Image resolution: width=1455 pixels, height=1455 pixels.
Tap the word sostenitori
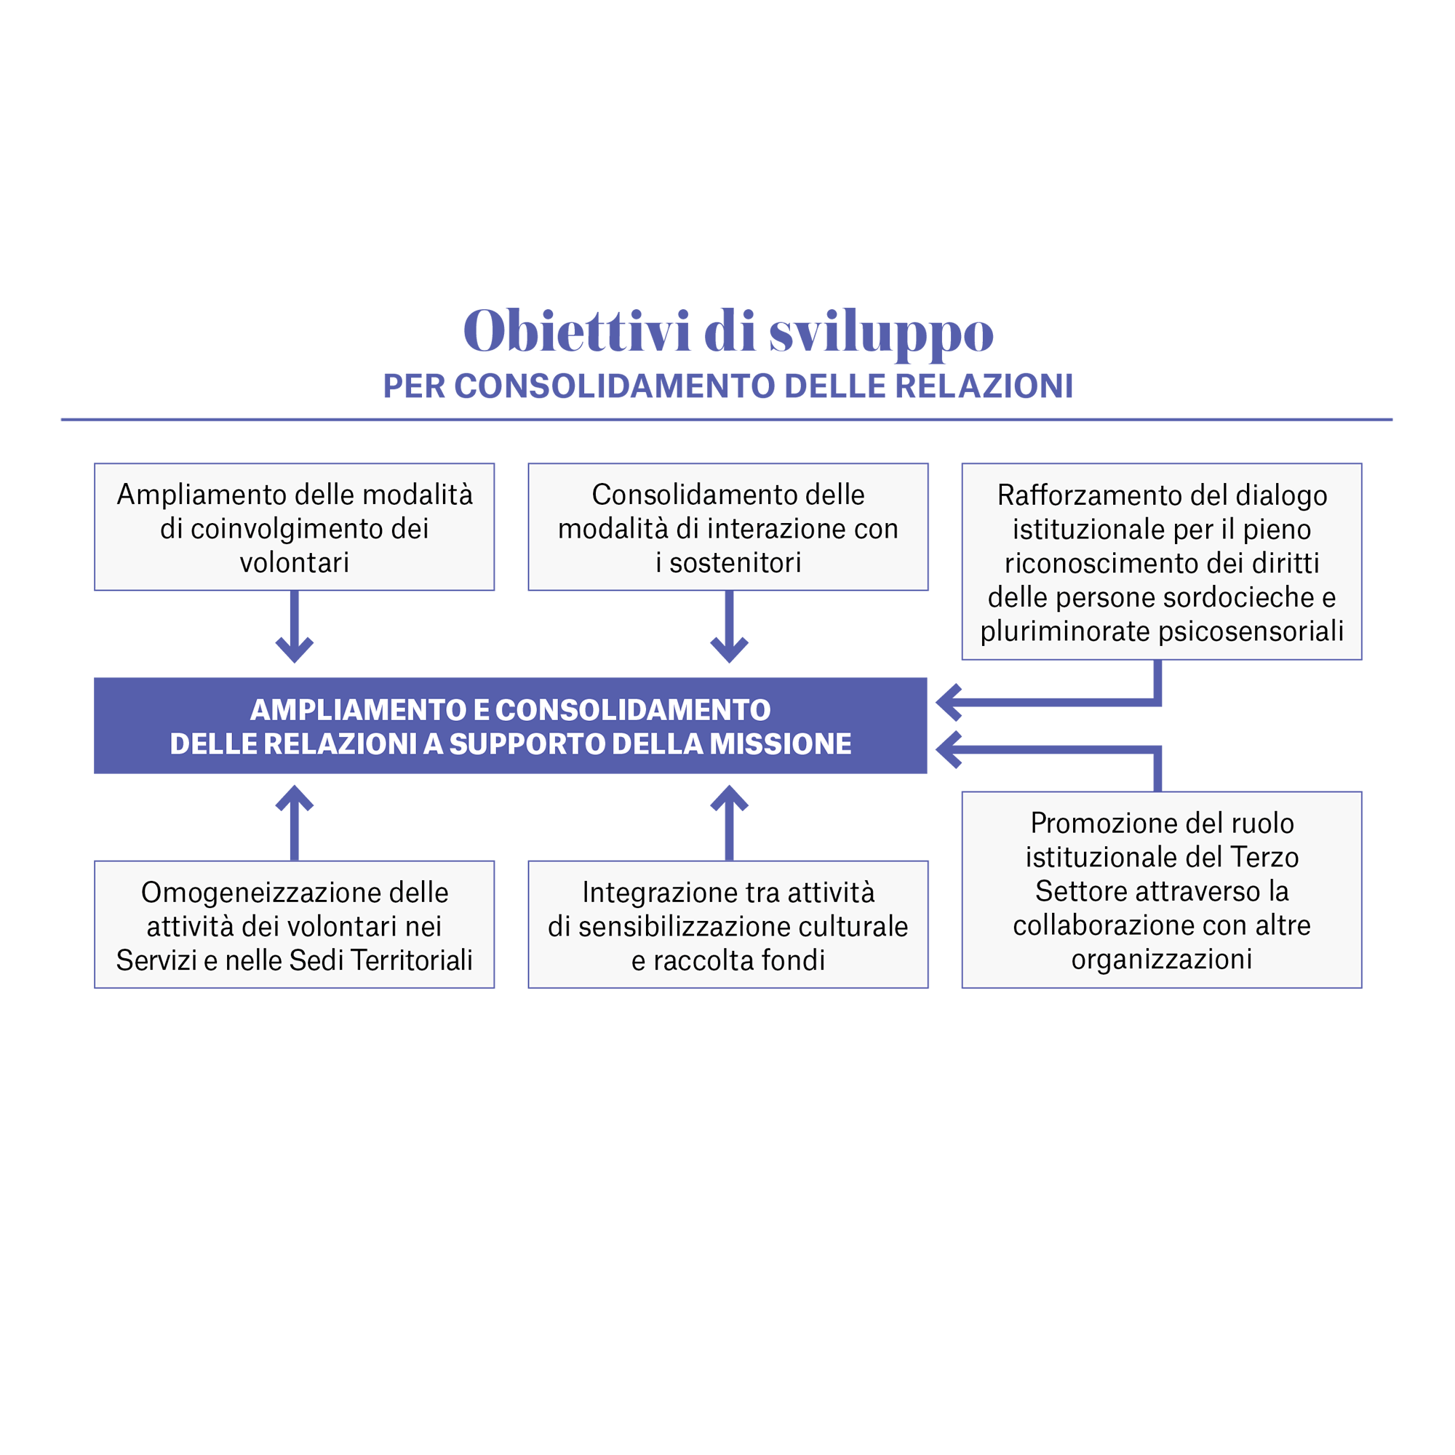click(x=735, y=562)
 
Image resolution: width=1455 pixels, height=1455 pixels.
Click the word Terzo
click(x=1264, y=857)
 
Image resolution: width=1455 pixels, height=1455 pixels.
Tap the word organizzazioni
click(x=1161, y=959)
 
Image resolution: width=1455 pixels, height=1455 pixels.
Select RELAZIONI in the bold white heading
click(x=340, y=744)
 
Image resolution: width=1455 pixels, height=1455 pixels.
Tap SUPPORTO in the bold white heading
click(x=527, y=744)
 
